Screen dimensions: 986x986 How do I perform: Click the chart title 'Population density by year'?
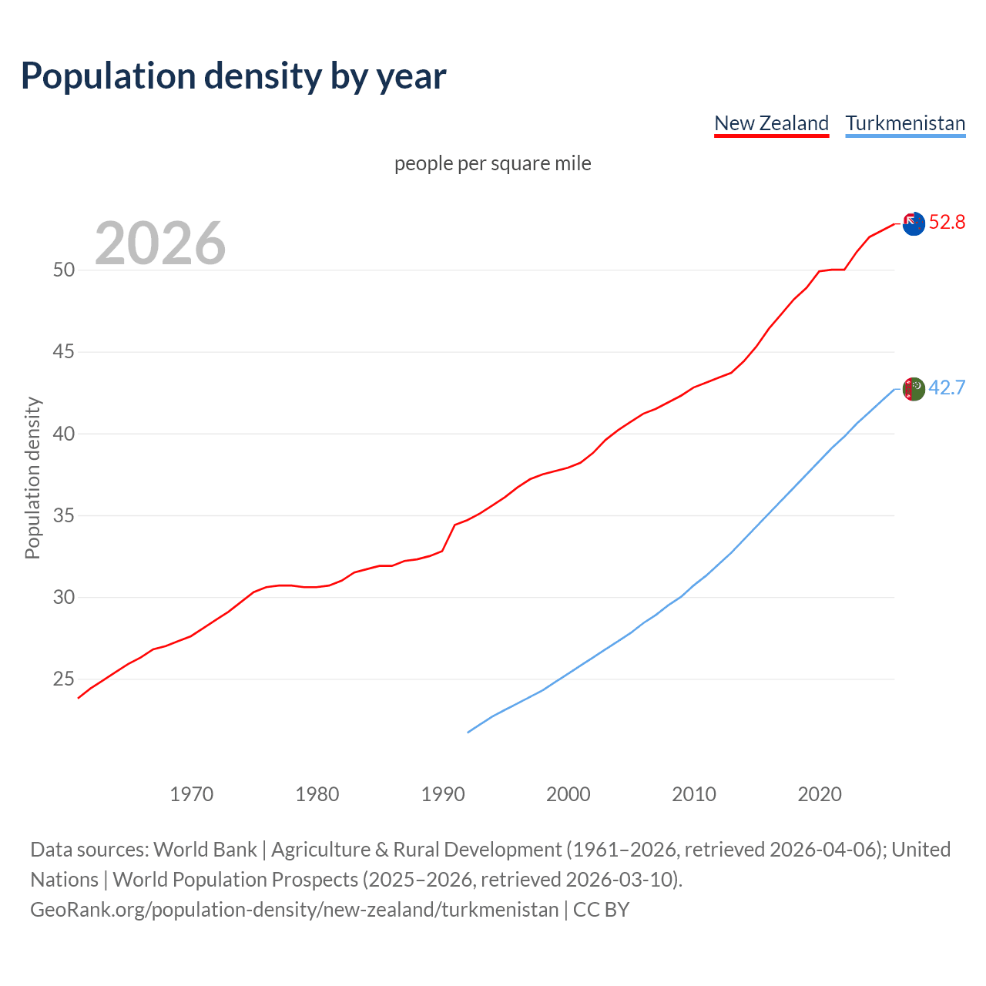click(x=233, y=76)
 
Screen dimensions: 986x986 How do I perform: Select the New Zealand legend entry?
click(x=771, y=123)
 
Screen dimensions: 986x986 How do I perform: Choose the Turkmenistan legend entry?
click(x=905, y=123)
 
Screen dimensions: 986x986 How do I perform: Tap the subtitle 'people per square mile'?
click(x=493, y=164)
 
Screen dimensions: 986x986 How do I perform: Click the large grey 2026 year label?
click(x=160, y=244)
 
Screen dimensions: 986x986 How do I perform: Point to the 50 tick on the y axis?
click(x=64, y=270)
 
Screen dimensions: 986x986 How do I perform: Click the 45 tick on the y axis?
click(x=64, y=352)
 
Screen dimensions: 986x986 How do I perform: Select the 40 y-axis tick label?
click(x=64, y=434)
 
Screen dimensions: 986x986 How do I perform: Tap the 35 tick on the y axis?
click(x=64, y=515)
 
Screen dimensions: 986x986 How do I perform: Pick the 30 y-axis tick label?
click(x=64, y=597)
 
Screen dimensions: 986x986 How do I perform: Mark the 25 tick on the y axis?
click(x=64, y=679)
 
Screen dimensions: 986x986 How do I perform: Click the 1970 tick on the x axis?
click(x=191, y=794)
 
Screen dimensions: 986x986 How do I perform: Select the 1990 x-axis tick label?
click(x=442, y=794)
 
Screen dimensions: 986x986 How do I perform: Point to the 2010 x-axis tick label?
click(x=694, y=794)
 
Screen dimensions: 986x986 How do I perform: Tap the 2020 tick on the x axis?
click(x=820, y=794)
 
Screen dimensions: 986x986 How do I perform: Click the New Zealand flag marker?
click(x=914, y=224)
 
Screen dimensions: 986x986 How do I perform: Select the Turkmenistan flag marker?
click(x=914, y=389)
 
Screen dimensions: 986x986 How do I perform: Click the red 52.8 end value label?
click(x=947, y=223)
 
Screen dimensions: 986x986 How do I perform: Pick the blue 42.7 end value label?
click(x=947, y=387)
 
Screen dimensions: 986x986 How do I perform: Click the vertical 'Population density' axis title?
click(x=32, y=478)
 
